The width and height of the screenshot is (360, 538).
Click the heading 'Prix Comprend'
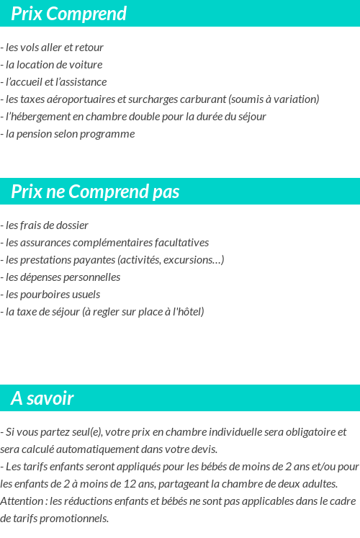click(69, 14)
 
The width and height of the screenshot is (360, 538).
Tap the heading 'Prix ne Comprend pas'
click(95, 192)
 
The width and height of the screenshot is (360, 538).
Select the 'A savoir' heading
click(42, 398)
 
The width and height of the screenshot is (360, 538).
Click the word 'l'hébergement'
click(34, 117)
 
